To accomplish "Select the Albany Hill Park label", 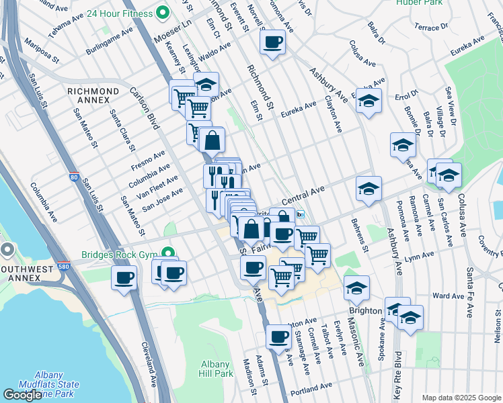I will tap(216, 369).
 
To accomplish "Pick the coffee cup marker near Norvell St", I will tap(272, 43).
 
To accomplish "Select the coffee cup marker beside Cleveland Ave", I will tap(124, 277).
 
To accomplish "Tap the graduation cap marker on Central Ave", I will tap(369, 189).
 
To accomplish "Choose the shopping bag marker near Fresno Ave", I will tap(212, 140).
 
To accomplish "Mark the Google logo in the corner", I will tap(22, 395).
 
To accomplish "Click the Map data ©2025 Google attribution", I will tap(461, 398).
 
